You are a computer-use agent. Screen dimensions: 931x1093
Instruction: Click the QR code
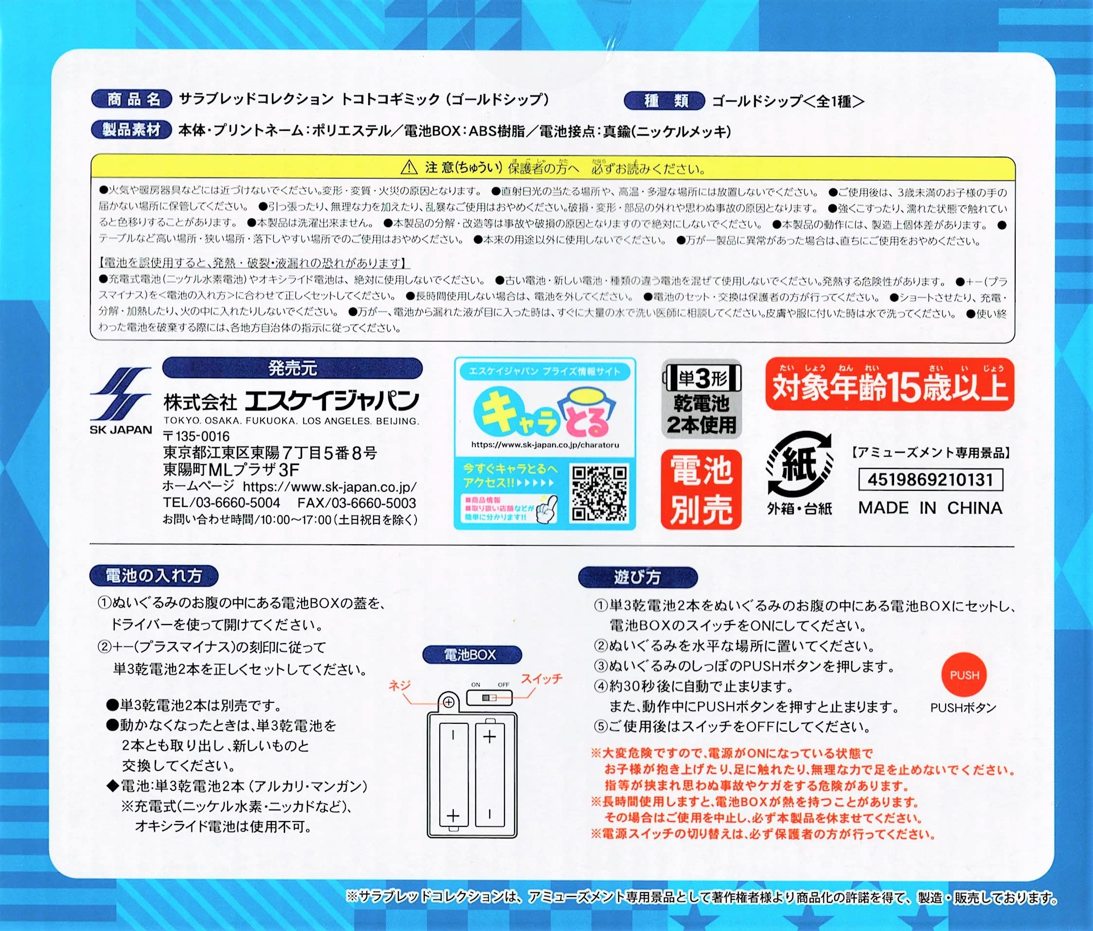pos(599,493)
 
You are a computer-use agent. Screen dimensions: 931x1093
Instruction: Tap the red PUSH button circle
pos(964,675)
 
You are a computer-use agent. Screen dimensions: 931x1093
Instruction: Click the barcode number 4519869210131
pos(930,480)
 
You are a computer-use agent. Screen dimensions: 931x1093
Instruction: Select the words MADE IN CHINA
pos(930,507)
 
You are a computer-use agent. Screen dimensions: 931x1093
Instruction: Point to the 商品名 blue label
pos(132,99)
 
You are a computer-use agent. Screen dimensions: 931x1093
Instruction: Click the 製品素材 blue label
pos(132,130)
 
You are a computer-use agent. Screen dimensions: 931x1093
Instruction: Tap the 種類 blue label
pos(664,101)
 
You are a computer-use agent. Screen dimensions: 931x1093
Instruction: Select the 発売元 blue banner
pos(293,368)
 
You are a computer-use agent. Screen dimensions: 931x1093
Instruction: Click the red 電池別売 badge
pos(701,489)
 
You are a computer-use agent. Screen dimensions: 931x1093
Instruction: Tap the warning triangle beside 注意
pos(409,168)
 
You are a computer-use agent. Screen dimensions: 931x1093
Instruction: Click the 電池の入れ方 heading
pos(154,575)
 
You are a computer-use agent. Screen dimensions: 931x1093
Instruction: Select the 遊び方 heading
pos(637,577)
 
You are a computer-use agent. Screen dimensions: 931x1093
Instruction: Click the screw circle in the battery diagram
pos(448,702)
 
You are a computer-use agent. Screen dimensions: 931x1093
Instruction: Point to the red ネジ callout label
pos(399,685)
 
